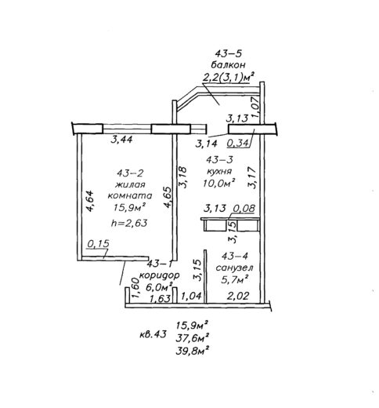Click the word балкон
click(x=228, y=64)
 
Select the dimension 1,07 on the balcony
click(x=256, y=106)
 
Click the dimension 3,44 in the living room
click(x=121, y=140)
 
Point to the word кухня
click(x=219, y=171)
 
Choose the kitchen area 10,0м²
click(x=218, y=183)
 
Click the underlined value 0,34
click(x=237, y=144)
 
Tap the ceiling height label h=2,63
click(x=129, y=223)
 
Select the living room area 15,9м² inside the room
click(x=129, y=207)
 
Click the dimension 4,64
click(x=90, y=201)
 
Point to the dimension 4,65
click(x=168, y=197)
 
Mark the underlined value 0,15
click(x=98, y=244)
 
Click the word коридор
click(x=160, y=275)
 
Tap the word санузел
click(x=234, y=268)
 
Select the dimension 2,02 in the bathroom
click(x=238, y=296)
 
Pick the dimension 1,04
click(x=191, y=296)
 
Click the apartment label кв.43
click(x=153, y=334)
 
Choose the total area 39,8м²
click(x=193, y=350)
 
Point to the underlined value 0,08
click(x=244, y=209)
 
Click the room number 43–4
click(x=235, y=256)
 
